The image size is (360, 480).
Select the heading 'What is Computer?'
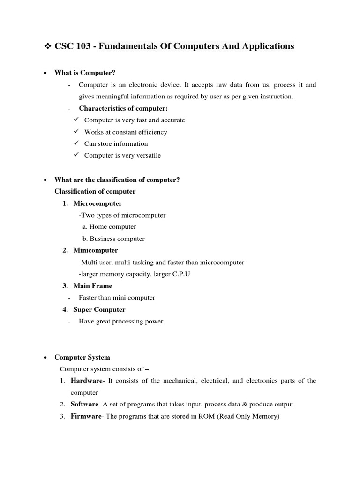pos(85,73)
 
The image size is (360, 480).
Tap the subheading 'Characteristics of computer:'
pos(123,108)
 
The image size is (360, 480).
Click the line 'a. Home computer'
pos(109,227)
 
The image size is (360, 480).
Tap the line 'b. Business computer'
pos(113,239)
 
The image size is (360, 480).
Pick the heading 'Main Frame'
pos(93,286)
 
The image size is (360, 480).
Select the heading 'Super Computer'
pos(99,309)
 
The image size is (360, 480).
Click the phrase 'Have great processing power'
pos(121,322)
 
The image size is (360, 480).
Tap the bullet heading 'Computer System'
pos(82,357)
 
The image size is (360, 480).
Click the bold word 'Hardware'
pos(86,381)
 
